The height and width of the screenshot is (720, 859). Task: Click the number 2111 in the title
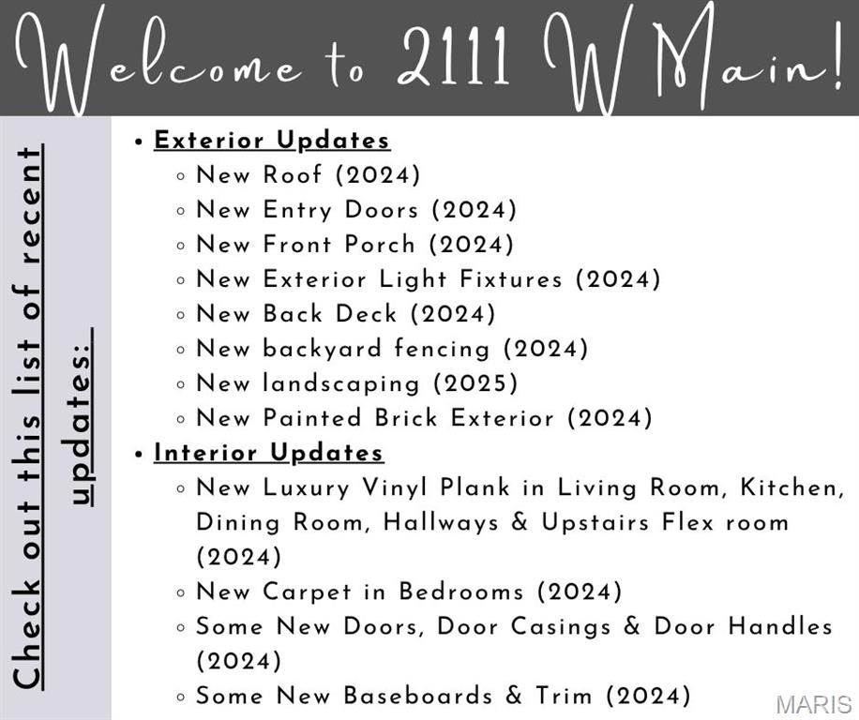[453, 55]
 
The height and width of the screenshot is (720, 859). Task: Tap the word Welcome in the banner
[158, 59]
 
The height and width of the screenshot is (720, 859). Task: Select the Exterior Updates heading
[272, 141]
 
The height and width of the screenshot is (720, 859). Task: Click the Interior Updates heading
[268, 453]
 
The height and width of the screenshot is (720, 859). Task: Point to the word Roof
[292, 174]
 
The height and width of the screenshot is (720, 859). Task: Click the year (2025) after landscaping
[475, 383]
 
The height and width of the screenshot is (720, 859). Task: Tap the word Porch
[380, 244]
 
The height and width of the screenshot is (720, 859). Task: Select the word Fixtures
[510, 279]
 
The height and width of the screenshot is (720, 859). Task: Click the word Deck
[366, 314]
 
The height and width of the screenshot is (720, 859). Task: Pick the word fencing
[442, 350]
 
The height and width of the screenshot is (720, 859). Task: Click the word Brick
[406, 418]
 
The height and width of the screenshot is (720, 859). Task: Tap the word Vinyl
[395, 488]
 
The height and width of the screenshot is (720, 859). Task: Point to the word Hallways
[441, 523]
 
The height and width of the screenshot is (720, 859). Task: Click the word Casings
[561, 627]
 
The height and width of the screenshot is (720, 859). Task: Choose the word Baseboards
[418, 696]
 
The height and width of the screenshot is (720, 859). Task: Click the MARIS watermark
[814, 705]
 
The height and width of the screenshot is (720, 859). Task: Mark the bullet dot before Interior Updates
[139, 454]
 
